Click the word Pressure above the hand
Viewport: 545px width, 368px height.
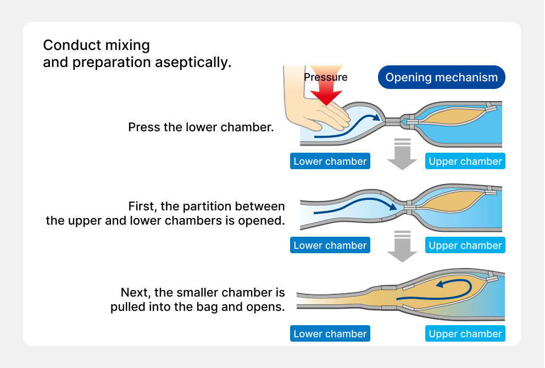click(326, 77)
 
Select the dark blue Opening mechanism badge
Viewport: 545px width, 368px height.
click(441, 77)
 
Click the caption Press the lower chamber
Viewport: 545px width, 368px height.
click(201, 127)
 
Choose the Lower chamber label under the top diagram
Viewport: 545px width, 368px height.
click(330, 161)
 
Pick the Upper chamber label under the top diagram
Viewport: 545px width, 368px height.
click(465, 161)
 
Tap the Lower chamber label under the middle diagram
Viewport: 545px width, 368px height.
click(330, 246)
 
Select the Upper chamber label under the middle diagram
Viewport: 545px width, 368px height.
click(465, 246)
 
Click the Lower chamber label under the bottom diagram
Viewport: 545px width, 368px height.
click(330, 334)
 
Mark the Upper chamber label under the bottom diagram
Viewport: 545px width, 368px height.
click(465, 334)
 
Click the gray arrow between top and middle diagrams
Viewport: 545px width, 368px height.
click(402, 155)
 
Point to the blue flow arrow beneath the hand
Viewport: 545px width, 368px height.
click(341, 130)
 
